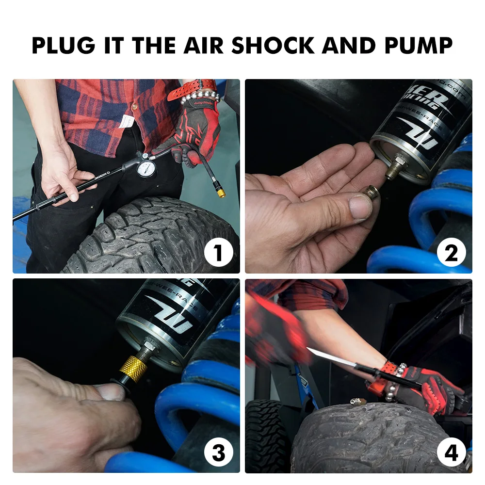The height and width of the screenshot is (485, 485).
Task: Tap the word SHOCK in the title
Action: [273, 45]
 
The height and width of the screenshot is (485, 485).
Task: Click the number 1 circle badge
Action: [218, 253]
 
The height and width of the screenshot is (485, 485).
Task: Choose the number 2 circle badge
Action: [451, 253]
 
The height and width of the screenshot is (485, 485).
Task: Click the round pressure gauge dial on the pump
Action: [146, 170]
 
